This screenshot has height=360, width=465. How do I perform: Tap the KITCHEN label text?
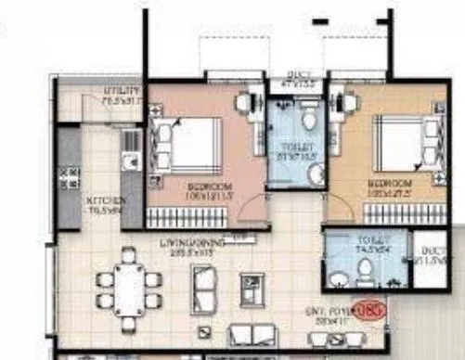coord(99,200)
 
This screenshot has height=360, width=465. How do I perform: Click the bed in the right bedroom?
coord(401,144)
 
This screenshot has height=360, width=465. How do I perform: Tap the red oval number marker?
coord(370,309)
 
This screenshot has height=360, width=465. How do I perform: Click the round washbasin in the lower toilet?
coord(339,276)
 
